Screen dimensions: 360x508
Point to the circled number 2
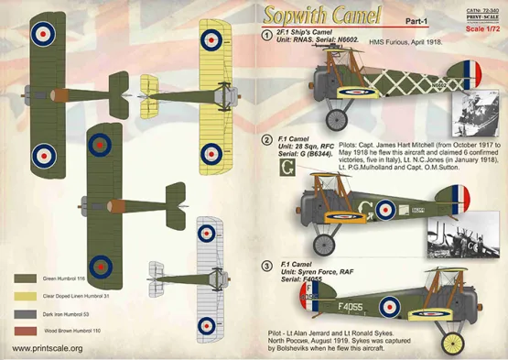coord(267,140)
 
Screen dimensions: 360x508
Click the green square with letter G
coord(286,168)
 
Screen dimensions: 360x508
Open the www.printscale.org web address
coord(43,348)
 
